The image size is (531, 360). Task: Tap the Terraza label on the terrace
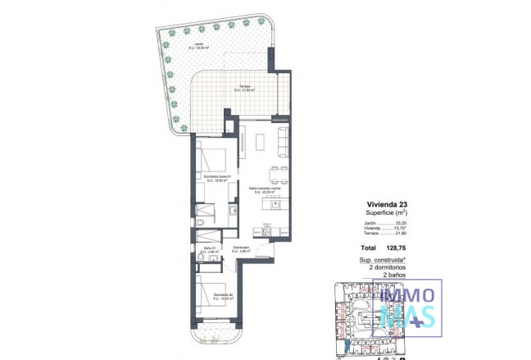tap(246, 89)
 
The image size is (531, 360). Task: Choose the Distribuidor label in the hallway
tap(241, 248)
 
